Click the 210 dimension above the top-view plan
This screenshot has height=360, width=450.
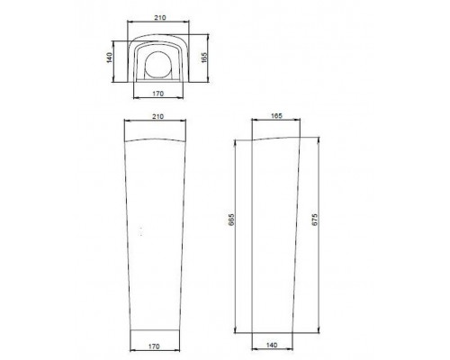[160, 18]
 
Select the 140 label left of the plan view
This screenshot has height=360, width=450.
[110, 58]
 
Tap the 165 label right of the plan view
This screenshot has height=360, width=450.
[204, 58]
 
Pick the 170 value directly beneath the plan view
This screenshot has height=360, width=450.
[158, 94]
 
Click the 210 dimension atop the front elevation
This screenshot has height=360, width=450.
[157, 116]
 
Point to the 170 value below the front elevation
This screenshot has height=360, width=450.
[154, 346]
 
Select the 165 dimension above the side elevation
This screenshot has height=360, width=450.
[276, 116]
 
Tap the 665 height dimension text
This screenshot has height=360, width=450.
[230, 220]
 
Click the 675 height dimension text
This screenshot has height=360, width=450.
[314, 220]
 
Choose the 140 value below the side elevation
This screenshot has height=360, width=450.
[272, 345]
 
